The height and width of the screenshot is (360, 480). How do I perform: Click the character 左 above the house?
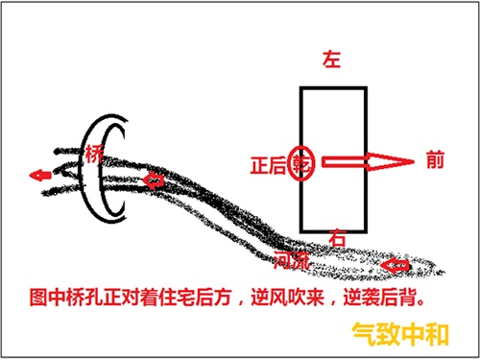click(333, 60)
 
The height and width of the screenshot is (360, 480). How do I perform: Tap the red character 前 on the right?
click(435, 162)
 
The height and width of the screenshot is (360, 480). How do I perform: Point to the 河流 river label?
click(291, 259)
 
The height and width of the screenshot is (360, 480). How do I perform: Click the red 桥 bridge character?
click(93, 154)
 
